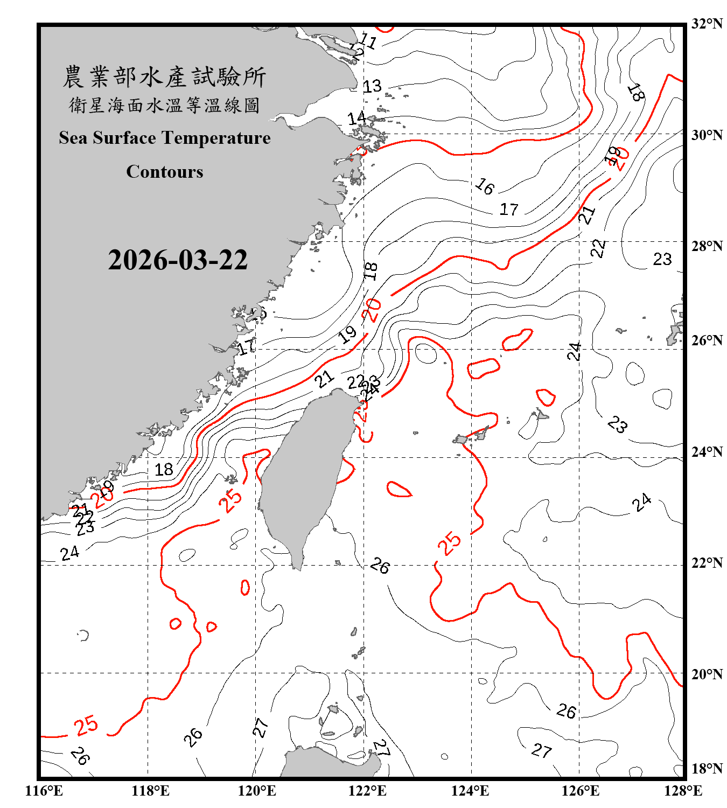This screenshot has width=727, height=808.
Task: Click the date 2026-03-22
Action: (x=178, y=260)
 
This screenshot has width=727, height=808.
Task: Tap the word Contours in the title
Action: (x=165, y=172)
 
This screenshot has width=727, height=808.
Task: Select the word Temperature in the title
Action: (x=215, y=138)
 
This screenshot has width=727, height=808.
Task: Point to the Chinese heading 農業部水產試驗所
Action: (x=164, y=77)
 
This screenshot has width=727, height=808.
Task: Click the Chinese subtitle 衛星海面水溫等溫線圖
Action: (x=164, y=105)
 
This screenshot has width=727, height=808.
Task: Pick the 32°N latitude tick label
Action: (x=707, y=24)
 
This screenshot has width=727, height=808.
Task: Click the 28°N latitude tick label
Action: (x=707, y=246)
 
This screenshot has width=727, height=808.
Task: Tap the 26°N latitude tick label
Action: (x=707, y=340)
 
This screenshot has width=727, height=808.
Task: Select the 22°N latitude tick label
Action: (x=707, y=563)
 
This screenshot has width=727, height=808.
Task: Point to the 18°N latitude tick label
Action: (x=707, y=769)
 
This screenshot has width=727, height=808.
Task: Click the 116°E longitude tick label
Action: (x=44, y=791)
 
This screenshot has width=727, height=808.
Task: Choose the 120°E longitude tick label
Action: (x=257, y=791)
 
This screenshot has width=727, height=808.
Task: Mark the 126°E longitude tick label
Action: (x=580, y=791)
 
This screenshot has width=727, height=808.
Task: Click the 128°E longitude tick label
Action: (x=683, y=791)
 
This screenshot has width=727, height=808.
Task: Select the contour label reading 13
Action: (x=372, y=86)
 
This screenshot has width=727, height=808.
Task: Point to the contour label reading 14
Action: (x=356, y=118)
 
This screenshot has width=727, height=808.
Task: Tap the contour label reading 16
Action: (x=485, y=186)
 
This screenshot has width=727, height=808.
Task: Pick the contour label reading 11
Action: (x=368, y=40)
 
